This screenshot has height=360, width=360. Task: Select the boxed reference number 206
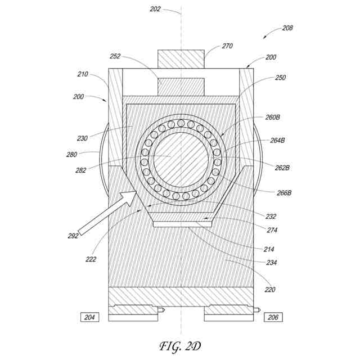point(273,317)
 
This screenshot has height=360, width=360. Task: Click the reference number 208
point(287,28)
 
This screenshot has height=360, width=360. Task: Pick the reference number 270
point(211,46)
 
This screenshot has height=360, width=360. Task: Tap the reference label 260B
point(272,117)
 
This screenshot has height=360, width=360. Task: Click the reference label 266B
point(285,192)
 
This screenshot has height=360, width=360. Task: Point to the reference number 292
point(73,236)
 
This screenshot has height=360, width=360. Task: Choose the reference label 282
point(81,170)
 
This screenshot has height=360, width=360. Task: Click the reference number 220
point(270,290)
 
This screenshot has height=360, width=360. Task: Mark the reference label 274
point(272,229)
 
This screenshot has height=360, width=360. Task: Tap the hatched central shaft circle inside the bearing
point(180,158)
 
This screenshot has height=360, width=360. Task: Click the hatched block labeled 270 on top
point(180,58)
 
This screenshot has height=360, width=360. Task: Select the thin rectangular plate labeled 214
point(182,224)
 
